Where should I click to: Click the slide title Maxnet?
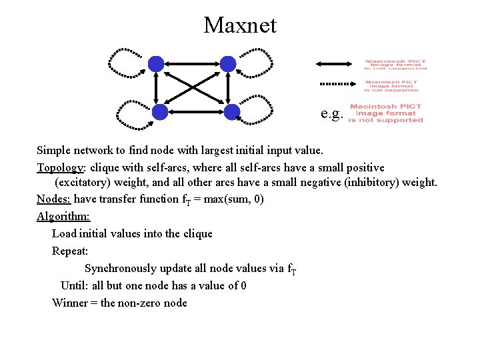pos(239,25)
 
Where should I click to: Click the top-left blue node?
pos(156,64)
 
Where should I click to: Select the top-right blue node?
pos(228,64)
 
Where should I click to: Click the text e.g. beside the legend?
pos(331,114)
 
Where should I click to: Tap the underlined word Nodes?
pos(53,199)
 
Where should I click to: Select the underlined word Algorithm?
pos(63,217)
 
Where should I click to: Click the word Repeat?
pos(69,251)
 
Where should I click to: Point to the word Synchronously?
pos(124,269)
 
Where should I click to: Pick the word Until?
pos(73,286)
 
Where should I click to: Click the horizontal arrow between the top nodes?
pos(192,64)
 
